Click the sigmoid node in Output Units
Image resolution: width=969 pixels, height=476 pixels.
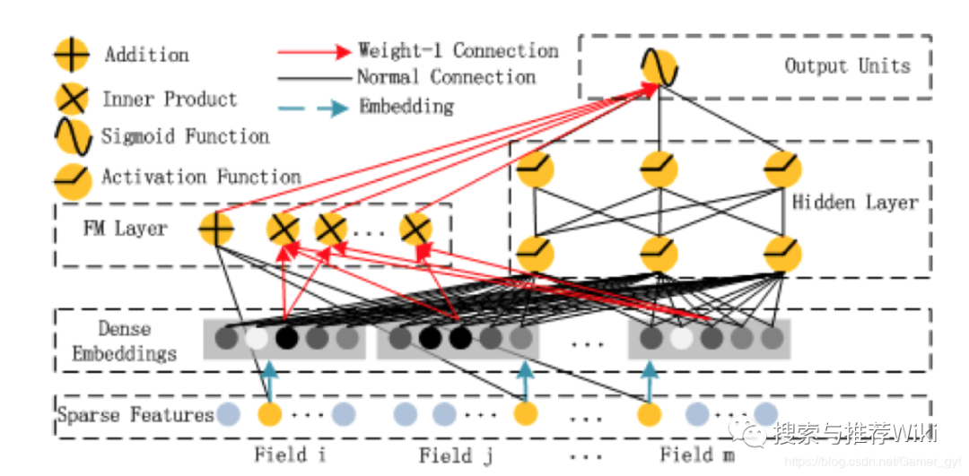(x=659, y=67)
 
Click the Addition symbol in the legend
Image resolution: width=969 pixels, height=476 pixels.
(x=72, y=56)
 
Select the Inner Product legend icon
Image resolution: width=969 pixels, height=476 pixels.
(x=72, y=99)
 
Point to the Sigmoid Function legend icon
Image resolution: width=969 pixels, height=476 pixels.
(x=72, y=137)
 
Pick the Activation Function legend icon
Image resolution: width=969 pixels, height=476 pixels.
(x=72, y=178)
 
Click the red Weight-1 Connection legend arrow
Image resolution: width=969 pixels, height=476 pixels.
(x=313, y=52)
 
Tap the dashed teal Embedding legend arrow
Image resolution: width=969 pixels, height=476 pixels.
(x=313, y=108)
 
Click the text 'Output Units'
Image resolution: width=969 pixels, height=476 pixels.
(x=847, y=65)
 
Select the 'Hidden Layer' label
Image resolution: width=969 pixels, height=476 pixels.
(x=854, y=202)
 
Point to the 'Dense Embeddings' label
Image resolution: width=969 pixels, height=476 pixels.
(x=125, y=342)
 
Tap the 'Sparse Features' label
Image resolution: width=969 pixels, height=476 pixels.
(x=135, y=415)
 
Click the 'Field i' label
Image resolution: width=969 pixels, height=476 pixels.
(x=290, y=454)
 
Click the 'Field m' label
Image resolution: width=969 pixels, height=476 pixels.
(x=697, y=454)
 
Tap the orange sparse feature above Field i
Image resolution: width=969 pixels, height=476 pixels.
(x=269, y=414)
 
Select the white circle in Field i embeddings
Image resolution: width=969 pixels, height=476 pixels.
(x=257, y=339)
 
